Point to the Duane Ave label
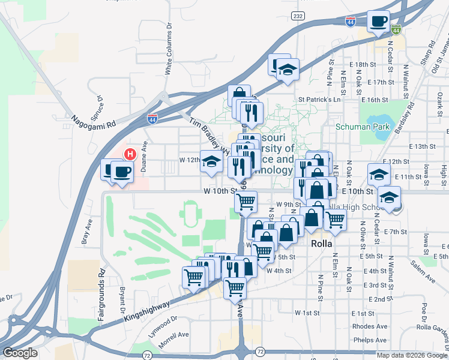[x=144, y=157]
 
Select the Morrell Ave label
[x=173, y=334]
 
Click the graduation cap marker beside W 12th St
[x=211, y=163]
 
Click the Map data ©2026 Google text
[x=412, y=355]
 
